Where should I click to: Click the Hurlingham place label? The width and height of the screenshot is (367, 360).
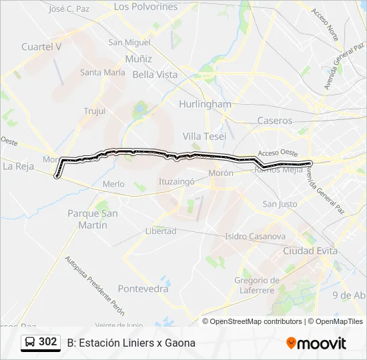205,104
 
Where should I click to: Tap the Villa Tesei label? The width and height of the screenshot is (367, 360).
204,136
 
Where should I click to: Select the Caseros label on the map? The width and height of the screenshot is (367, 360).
274,121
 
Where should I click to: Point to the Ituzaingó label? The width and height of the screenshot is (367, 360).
176,181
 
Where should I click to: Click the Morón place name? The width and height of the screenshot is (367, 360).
220,173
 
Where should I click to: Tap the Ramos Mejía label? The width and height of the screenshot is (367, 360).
274,169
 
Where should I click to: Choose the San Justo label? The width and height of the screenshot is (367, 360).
280,204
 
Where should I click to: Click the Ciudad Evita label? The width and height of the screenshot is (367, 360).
310,251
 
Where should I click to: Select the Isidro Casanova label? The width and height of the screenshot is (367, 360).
255,236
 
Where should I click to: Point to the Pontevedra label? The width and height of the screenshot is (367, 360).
143,289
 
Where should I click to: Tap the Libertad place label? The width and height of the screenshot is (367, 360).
160,231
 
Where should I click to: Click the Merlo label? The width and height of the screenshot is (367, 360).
113,184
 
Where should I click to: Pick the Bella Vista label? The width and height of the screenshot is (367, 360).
155,75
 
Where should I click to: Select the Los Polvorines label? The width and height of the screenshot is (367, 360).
145,7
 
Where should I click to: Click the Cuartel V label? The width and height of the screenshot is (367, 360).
41,47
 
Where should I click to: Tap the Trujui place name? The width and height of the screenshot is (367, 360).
95,111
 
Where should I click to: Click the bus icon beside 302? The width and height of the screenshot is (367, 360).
29,342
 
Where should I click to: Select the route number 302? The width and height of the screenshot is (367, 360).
48,342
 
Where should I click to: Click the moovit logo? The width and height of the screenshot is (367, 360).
316,343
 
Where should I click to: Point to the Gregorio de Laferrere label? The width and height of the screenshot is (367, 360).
257,285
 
